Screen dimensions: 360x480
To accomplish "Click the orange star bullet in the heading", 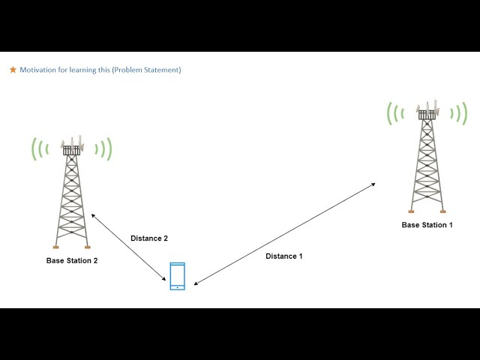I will coord(13,70).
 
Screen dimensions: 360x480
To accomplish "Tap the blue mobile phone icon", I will coord(177,276).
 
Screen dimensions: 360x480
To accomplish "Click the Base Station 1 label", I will coord(427,225).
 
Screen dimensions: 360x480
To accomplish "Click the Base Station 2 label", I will coord(72,261).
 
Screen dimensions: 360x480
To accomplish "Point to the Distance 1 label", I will coord(284,256).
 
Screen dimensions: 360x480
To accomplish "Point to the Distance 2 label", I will coord(149,238).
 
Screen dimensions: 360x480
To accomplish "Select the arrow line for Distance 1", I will coord(285,233).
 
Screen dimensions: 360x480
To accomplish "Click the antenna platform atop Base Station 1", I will coord(427,114).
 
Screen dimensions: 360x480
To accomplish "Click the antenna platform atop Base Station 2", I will coord(71,150).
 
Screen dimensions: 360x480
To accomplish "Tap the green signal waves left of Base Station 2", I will coord(38,148).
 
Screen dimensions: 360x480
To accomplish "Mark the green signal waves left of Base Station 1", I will coord(394,113).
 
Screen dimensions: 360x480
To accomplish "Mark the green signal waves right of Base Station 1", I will coord(460,113).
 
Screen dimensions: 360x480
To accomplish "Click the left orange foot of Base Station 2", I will coord(55,247).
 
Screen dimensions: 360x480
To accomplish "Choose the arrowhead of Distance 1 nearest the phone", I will coord(195,284).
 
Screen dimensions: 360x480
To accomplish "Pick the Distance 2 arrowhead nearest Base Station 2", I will coord(93,214).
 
